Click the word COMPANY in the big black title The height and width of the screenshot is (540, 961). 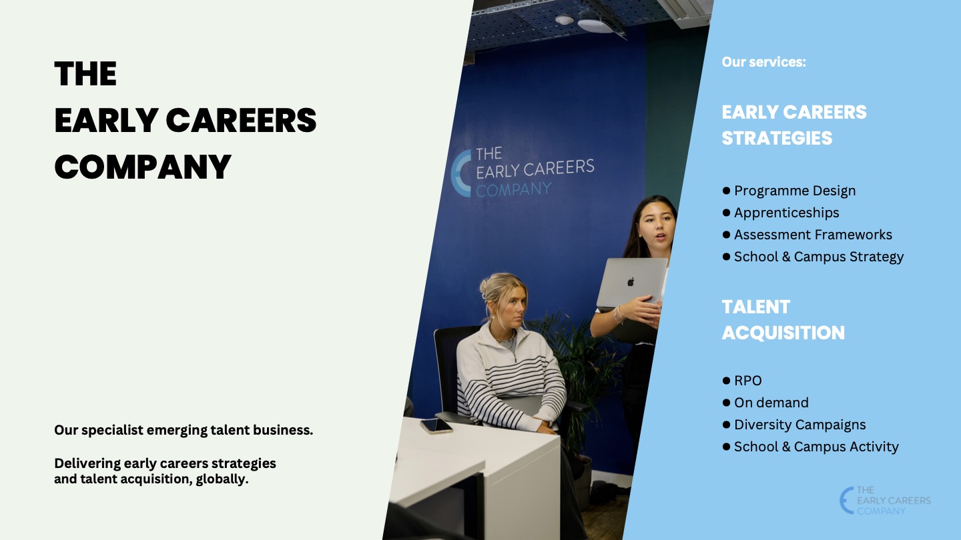(x=143, y=167)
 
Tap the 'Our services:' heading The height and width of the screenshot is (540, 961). (x=763, y=62)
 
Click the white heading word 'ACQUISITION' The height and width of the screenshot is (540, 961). (x=783, y=333)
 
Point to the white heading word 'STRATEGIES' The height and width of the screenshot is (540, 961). (x=777, y=139)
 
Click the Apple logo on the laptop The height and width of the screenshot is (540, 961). (x=631, y=281)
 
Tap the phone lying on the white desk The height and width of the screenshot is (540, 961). (x=436, y=425)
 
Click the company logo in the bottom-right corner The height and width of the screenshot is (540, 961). (x=885, y=500)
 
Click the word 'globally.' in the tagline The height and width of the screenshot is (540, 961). (x=222, y=479)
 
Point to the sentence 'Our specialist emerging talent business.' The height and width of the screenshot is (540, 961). (x=184, y=430)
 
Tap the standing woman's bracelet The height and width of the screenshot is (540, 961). (x=618, y=313)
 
